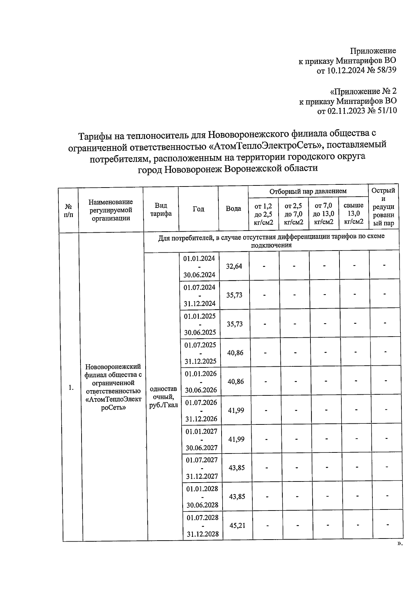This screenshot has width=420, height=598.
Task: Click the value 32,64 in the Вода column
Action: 234,266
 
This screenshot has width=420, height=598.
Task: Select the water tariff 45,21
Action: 237,525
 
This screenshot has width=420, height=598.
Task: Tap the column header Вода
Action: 233,209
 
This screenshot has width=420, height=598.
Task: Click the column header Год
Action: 198,209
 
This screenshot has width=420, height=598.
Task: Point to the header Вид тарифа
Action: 161,209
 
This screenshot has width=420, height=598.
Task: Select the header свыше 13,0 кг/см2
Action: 353,213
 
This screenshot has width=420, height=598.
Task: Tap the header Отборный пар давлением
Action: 308,191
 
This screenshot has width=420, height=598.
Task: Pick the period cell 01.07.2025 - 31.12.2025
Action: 201,353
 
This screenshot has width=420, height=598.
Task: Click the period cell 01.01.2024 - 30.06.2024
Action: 199,266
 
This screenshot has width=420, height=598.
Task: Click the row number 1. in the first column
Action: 71,387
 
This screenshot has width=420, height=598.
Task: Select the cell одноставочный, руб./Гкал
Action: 163,397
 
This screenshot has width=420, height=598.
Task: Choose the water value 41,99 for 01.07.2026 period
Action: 236,410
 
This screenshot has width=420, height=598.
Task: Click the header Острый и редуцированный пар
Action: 383,206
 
